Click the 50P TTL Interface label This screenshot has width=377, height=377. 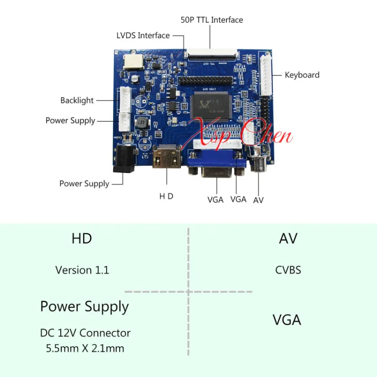click(212, 20)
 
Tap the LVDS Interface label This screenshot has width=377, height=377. click(143, 35)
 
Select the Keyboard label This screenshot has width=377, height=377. click(302, 75)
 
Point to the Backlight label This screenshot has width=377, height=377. click(77, 100)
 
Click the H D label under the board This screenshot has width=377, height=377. click(166, 196)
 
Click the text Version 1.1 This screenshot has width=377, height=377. click(82, 270)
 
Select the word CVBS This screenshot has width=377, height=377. click(288, 270)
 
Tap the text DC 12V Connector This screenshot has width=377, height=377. click(85, 333)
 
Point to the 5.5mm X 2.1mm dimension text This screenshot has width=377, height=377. click(85, 349)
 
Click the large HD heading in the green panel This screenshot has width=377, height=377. click(82, 238)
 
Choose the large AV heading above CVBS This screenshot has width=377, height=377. click(288, 238)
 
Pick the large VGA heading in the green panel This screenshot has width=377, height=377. click(287, 320)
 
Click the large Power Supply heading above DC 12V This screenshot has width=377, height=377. click(84, 307)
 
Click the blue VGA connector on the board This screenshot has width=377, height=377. click(217, 165)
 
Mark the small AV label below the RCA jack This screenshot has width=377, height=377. click(258, 200)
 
